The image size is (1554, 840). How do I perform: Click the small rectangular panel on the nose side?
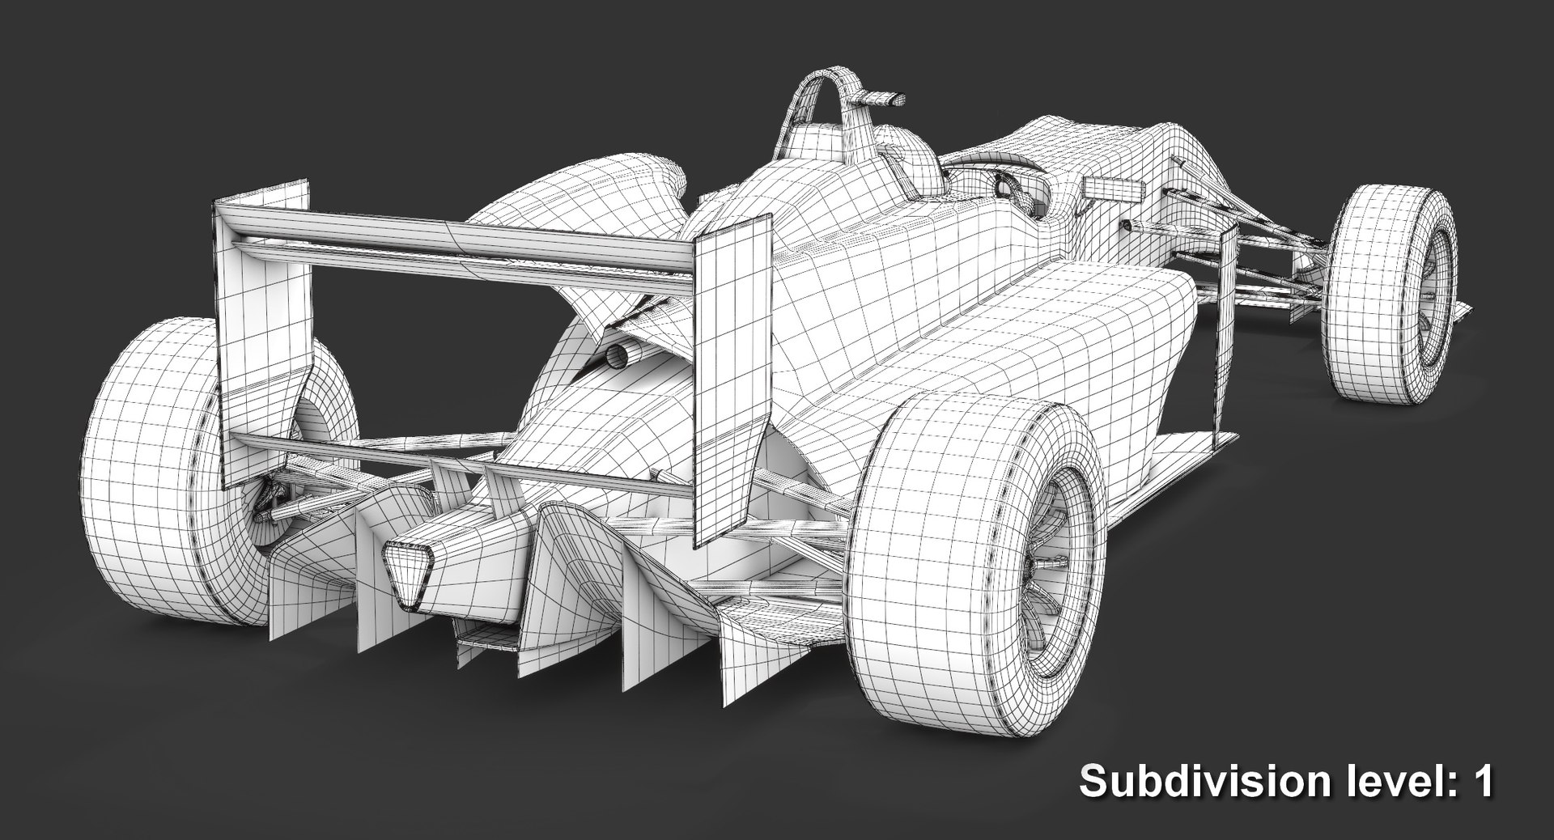tap(1110, 189)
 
